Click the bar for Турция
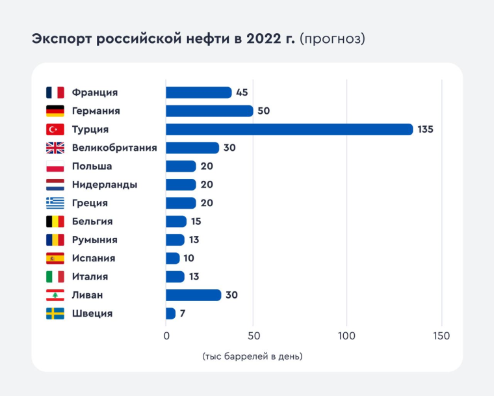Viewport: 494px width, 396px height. (289, 129)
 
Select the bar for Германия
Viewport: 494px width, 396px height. (209, 111)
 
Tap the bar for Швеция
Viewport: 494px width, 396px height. (171, 313)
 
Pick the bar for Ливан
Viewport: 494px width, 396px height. (194, 295)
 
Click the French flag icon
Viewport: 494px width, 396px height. (55, 92)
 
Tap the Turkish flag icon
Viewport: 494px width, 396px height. (55, 129)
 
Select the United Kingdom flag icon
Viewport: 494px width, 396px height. (55, 148)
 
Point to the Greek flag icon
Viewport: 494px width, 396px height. (55, 203)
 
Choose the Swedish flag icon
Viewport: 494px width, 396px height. (55, 313)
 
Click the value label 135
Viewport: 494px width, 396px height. (425, 129)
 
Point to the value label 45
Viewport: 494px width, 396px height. (242, 92)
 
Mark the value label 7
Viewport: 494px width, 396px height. (183, 313)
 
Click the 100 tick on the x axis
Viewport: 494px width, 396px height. (347, 336)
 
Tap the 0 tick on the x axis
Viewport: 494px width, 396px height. (166, 336)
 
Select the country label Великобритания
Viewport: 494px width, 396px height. (114, 148)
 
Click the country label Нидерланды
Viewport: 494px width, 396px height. (105, 185)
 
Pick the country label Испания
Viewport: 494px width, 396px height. (94, 258)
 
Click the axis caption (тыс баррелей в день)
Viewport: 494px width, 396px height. (252, 356)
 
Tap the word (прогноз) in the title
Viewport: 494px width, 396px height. (332, 39)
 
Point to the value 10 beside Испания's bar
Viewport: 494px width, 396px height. (188, 258)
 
